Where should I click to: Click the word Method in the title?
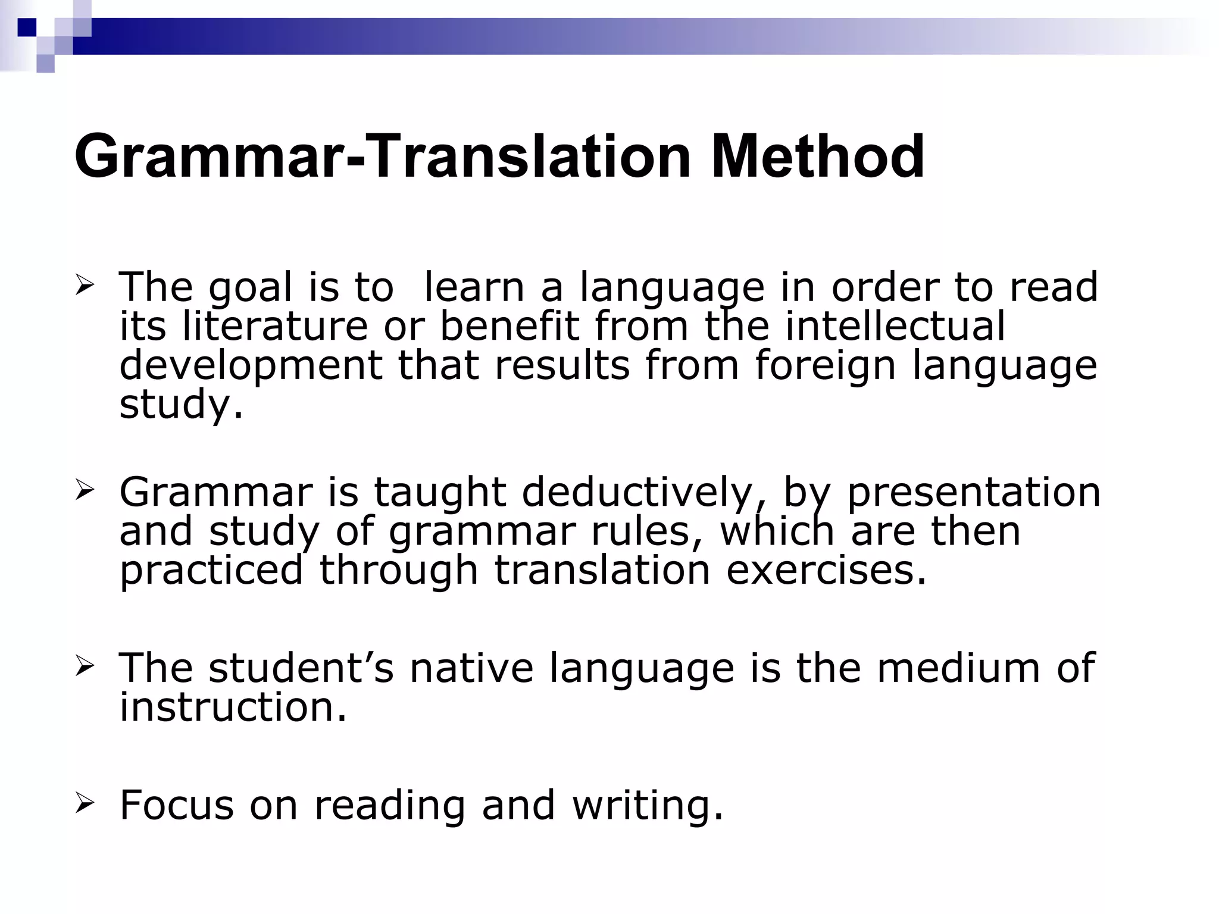(817, 156)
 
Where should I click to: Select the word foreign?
(825, 365)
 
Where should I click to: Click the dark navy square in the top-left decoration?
(27, 27)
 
